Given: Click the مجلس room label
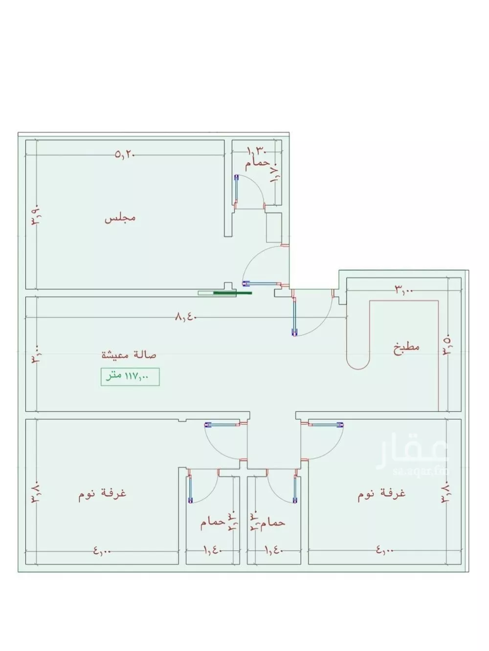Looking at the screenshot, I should pos(120,218).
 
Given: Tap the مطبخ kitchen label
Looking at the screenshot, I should pos(407,349).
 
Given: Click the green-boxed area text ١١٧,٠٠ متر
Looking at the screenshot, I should pos(130,377).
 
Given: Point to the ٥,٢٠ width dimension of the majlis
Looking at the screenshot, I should pos(125,155).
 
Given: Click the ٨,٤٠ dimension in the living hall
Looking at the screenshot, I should pos(186,317).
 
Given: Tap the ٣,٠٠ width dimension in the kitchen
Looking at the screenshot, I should pos(404,290).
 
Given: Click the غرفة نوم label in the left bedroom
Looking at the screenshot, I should pos(103,493).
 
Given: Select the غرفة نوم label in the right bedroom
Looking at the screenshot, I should pos(381,494).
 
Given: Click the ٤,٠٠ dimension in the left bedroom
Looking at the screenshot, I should pos(102,551).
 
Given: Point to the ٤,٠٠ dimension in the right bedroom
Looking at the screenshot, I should pos(385,551).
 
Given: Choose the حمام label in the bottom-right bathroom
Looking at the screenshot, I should pos(272,523).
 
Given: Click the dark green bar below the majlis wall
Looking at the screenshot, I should pos(233,293).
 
